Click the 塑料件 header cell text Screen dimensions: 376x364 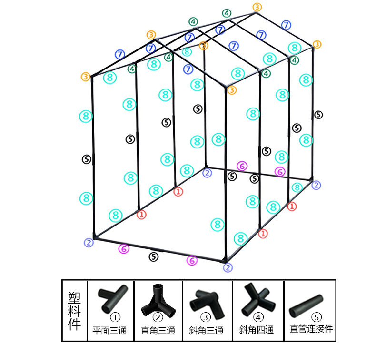pos(74,311)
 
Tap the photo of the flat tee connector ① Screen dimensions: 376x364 pos(112,298)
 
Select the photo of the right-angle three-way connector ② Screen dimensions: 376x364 pos(158,299)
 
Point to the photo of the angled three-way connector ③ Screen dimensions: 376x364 pos(207,303)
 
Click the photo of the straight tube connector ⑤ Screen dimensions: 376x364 pos(306,305)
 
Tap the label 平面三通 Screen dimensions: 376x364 pos(109,331)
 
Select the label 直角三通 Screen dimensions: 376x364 pos(158,331)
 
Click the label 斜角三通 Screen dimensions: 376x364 pos(206,331)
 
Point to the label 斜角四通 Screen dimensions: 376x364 pos(257,330)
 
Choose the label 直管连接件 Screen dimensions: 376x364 pos(311,328)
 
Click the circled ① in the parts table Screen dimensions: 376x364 pos(115,317)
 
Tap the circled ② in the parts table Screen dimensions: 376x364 pos(158,317)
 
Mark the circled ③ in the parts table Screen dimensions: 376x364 pos(206,317)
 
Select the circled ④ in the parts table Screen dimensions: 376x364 pos(258,317)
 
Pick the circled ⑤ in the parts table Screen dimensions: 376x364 pos(317,317)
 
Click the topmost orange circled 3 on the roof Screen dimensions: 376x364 pos(257,7)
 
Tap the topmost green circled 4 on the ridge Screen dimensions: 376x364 pos(227,13)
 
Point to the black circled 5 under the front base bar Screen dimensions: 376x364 pos(153,257)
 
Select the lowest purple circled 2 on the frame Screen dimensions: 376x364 pos(228,267)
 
